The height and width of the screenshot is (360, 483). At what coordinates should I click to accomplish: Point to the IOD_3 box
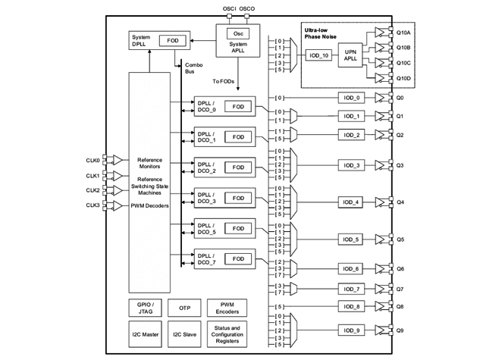pyautogui.click(x=351, y=164)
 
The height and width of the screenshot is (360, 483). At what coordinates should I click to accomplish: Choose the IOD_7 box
pyautogui.click(x=351, y=289)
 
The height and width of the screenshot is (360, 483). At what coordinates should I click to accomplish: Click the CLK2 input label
pyautogui.click(x=93, y=190)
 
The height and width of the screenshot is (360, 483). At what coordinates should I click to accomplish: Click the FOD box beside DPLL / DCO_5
pyautogui.click(x=238, y=227)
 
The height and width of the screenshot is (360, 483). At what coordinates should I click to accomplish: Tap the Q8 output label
pyautogui.click(x=400, y=306)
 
